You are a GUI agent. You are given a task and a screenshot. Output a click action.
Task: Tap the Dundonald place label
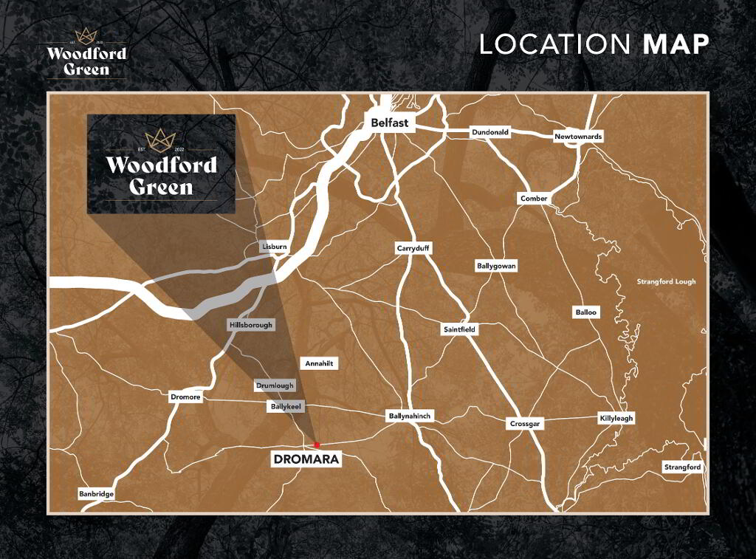click(490, 133)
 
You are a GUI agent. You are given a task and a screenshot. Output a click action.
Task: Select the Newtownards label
click(579, 137)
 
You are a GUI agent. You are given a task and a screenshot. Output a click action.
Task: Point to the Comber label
click(534, 199)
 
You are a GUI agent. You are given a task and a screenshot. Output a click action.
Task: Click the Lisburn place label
click(274, 247)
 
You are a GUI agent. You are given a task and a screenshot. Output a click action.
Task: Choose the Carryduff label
click(413, 249)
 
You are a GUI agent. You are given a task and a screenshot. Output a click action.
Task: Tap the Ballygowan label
click(495, 266)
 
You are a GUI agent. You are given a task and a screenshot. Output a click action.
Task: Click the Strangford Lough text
click(666, 281)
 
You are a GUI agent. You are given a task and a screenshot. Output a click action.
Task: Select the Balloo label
click(586, 312)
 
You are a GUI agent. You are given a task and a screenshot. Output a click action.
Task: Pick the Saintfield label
click(459, 329)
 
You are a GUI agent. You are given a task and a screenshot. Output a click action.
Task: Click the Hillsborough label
click(251, 325)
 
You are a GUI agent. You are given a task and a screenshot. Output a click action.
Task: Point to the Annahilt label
click(319, 363)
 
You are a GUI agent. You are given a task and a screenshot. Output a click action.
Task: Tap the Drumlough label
click(275, 385)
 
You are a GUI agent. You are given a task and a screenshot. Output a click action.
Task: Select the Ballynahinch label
click(409, 416)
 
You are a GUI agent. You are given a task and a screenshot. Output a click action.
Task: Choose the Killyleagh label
click(616, 419)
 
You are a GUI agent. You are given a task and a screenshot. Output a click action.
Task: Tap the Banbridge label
click(97, 494)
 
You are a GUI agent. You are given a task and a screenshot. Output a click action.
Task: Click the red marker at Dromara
click(317, 445)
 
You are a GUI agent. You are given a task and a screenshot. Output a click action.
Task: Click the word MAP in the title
click(676, 44)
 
